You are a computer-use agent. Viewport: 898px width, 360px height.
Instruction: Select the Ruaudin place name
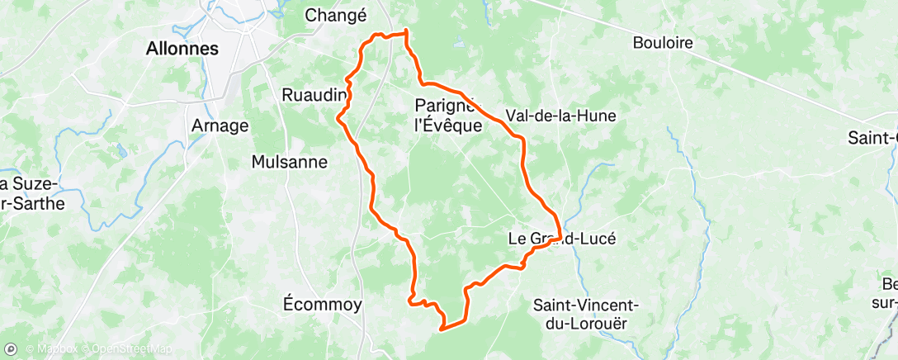[314, 95]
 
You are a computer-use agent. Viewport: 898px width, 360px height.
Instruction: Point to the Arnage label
[220, 126]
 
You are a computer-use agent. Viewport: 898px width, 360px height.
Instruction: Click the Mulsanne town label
[290, 162]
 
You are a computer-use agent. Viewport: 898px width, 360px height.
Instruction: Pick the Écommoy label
[322, 304]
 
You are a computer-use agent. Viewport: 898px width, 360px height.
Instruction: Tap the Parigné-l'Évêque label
[446, 116]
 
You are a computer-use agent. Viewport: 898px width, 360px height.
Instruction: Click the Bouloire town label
[663, 43]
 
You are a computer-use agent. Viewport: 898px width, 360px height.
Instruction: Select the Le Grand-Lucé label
[561, 239]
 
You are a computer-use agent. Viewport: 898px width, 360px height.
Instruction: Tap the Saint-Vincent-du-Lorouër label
[586, 314]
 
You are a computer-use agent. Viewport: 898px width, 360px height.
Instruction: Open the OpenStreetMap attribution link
[124, 349]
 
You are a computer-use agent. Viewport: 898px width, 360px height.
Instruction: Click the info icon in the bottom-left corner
[10, 349]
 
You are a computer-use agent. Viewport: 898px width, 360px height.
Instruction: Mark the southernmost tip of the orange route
[442, 329]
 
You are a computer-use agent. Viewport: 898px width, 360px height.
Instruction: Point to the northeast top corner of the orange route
[407, 32]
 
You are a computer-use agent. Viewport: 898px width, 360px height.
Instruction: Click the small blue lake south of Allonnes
[122, 151]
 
